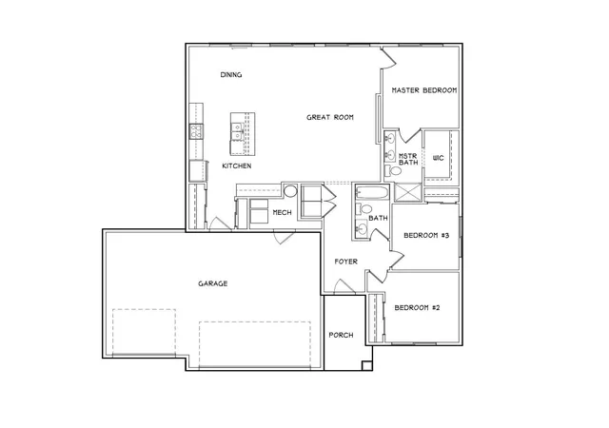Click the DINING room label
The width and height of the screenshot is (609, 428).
click(231, 74)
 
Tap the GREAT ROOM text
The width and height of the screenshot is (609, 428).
click(330, 117)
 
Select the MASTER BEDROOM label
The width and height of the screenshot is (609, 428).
click(424, 90)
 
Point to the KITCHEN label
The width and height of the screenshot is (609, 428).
click(237, 165)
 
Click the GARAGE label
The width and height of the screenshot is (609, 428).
click(213, 283)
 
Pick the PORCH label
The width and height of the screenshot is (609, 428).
click(341, 335)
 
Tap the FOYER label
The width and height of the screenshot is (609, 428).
click(346, 262)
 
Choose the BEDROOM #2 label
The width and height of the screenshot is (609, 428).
click(417, 307)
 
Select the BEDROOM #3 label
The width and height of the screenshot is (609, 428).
click(426, 235)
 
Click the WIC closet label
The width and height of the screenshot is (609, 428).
click(438, 158)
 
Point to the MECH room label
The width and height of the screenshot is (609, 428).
click(282, 212)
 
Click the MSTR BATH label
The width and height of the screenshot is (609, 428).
click(408, 159)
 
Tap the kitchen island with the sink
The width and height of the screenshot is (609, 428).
click(243, 134)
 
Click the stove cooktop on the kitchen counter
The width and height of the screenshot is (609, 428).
click(196, 131)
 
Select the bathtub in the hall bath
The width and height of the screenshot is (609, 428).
click(372, 193)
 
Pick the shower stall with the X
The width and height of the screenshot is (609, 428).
click(408, 192)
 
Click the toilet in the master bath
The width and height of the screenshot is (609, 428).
click(393, 171)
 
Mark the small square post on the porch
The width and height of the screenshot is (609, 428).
click(366, 365)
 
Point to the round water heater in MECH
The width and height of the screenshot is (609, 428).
click(290, 191)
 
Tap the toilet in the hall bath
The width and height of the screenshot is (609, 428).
click(363, 209)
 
